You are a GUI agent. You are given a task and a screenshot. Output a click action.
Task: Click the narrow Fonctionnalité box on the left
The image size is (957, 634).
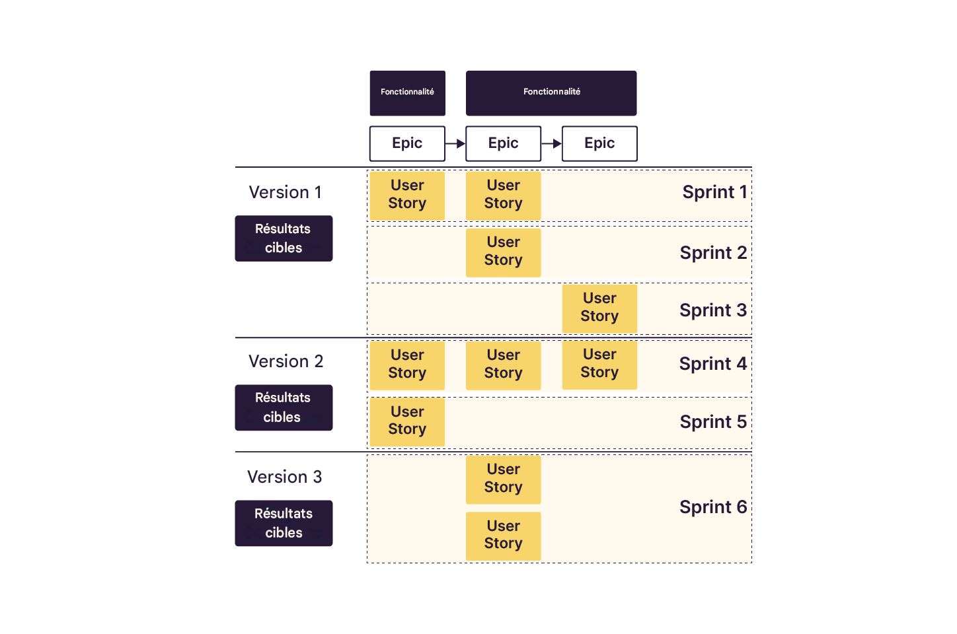pyautogui.click(x=407, y=92)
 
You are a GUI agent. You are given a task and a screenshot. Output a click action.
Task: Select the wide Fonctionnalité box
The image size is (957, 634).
pyautogui.click(x=551, y=92)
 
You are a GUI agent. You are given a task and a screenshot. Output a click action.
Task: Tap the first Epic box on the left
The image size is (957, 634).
pyautogui.click(x=407, y=143)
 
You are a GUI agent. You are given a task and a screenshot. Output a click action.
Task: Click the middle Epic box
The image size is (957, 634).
pyautogui.click(x=503, y=143)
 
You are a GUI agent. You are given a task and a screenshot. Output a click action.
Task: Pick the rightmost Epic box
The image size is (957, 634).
pyautogui.click(x=599, y=143)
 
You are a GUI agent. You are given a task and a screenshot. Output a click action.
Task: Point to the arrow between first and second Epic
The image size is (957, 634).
pyautogui.click(x=455, y=143)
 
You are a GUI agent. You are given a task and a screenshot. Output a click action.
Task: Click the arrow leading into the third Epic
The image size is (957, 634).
pyautogui.click(x=551, y=143)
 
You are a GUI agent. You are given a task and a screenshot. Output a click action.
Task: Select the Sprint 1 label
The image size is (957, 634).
pyautogui.click(x=714, y=192)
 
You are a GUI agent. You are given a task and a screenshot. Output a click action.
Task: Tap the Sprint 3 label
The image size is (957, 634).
pyautogui.click(x=712, y=310)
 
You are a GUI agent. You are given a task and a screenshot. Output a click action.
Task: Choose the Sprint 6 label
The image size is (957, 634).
pyautogui.click(x=712, y=507)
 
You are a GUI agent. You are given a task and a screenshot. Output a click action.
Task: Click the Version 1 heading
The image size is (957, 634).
pyautogui.click(x=285, y=192)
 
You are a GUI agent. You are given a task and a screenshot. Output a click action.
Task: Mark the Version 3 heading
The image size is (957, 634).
pyautogui.click(x=284, y=477)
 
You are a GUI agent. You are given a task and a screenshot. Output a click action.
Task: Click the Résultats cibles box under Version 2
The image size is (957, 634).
pyautogui.click(x=284, y=407)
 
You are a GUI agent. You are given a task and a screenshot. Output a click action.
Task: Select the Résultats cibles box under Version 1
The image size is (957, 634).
pyautogui.click(x=284, y=238)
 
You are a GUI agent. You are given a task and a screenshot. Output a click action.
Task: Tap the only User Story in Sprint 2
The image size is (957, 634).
pyautogui.click(x=503, y=252)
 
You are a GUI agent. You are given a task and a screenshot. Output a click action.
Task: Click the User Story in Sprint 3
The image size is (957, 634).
pyautogui.click(x=599, y=308)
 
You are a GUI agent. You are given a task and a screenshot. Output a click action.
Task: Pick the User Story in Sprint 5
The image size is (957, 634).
pyautogui.click(x=407, y=421)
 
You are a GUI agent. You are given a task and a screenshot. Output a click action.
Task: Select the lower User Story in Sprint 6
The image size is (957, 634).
pyautogui.click(x=503, y=536)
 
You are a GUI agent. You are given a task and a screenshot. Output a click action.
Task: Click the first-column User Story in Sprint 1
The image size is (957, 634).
pyautogui.click(x=407, y=195)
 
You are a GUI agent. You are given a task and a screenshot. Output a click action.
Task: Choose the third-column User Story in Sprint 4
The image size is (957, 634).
pyautogui.click(x=599, y=364)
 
